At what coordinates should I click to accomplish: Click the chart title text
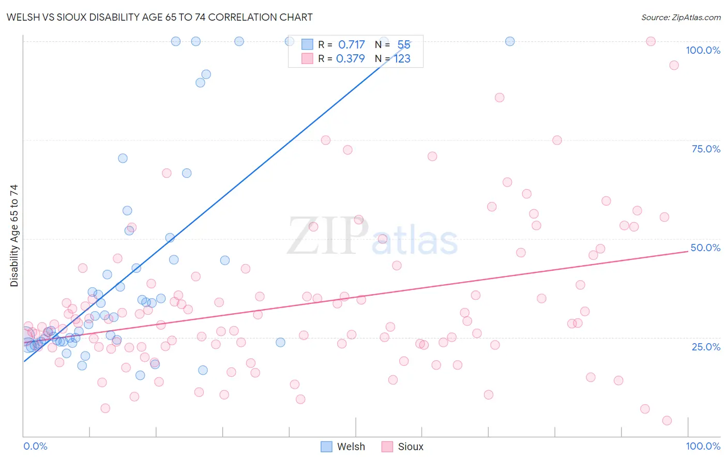tap(159, 17)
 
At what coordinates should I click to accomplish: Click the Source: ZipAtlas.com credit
tap(680, 17)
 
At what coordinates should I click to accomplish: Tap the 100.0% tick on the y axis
tap(703, 50)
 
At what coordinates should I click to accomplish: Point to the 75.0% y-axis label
tap(706, 149)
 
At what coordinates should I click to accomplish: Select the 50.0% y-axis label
tap(705, 248)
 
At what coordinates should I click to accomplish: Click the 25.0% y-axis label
tap(706, 346)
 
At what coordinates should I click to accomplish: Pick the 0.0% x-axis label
tap(35, 446)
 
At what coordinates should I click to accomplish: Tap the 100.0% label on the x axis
tap(703, 446)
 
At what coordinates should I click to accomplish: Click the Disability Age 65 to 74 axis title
tap(14, 235)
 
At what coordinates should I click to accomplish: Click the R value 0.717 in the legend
tap(351, 45)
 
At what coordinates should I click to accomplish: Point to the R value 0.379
tap(350, 59)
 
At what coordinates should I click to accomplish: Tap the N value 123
tap(402, 59)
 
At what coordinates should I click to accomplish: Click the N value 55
tap(403, 45)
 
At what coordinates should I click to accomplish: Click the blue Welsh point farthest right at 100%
tap(510, 41)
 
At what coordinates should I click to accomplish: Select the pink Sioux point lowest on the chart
tap(667, 421)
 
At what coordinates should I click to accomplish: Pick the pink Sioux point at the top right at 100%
tap(651, 41)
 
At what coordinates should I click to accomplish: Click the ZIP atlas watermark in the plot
tap(372, 237)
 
